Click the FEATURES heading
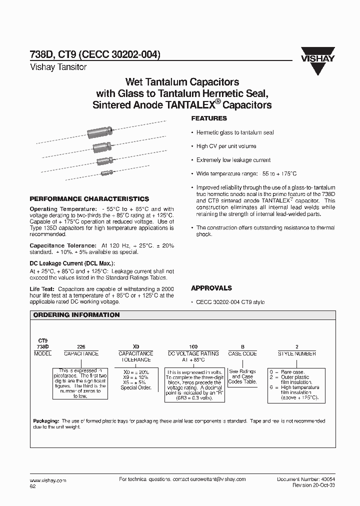209,118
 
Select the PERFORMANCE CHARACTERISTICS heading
89,198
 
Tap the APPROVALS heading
211,288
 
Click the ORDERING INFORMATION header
76,315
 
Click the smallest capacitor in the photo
107,172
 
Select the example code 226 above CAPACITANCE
80,346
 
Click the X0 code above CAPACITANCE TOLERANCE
135,346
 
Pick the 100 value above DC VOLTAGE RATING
193,346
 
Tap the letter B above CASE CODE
242,346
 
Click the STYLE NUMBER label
296,353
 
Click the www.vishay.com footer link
48,479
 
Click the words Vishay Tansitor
58,67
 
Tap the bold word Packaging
46,421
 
